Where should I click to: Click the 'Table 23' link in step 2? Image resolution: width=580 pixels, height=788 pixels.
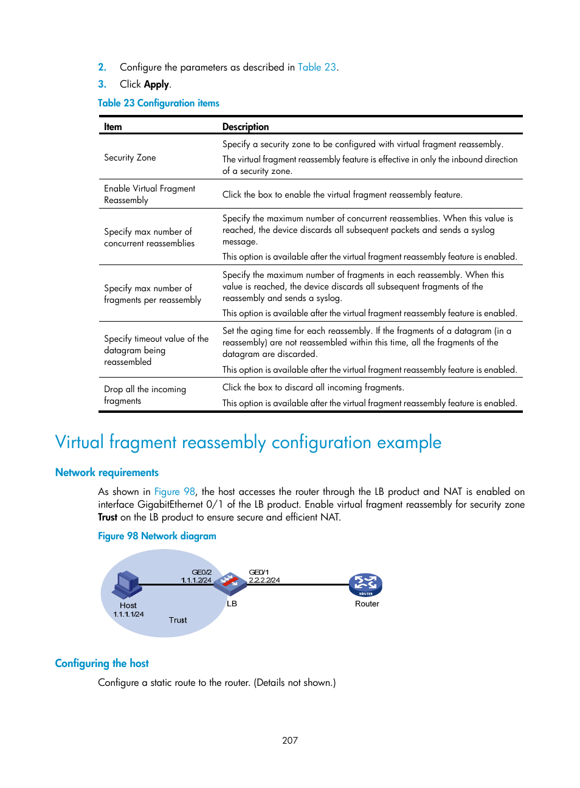tap(317, 67)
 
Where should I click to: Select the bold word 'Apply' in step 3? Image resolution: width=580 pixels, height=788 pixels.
tap(156, 85)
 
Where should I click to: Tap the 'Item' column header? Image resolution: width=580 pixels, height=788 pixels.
tap(113, 127)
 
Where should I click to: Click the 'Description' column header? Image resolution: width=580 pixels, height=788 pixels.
tap(246, 127)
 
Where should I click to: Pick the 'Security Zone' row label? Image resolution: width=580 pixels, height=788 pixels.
tap(130, 158)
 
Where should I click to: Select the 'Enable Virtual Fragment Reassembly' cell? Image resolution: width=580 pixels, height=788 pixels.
tap(150, 195)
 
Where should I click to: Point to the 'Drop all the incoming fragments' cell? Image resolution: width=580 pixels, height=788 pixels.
tap(145, 395)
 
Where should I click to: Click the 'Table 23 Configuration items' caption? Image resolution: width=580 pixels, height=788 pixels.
tap(159, 103)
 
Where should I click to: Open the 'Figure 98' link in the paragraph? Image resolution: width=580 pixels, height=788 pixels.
tap(174, 492)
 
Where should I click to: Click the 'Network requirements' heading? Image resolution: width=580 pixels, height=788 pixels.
tap(107, 473)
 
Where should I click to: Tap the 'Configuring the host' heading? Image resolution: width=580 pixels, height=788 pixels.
tap(102, 664)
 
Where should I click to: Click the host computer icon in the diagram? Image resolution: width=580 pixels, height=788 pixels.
tap(126, 586)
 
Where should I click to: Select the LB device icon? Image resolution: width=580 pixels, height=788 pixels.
tap(230, 583)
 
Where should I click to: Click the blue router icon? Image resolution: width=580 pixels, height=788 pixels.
tap(365, 585)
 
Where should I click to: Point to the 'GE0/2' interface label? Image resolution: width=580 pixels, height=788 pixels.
tap(202, 572)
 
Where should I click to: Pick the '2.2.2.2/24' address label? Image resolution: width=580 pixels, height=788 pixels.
tap(264, 581)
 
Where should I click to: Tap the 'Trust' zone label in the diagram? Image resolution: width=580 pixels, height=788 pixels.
tap(178, 620)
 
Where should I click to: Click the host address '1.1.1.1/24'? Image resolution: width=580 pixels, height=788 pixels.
tap(128, 614)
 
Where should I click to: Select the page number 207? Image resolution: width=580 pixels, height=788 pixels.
tap(290, 741)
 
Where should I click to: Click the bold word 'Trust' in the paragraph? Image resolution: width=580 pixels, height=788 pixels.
tap(108, 517)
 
